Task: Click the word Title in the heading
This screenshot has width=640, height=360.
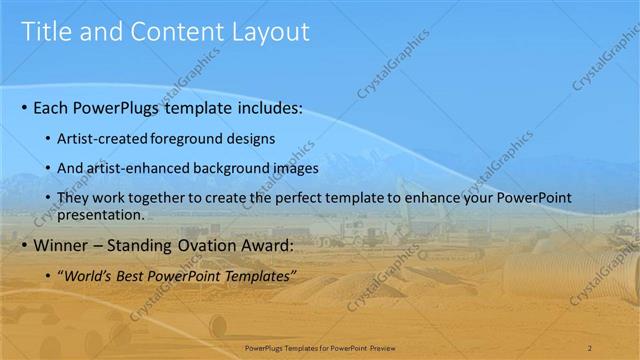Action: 46,32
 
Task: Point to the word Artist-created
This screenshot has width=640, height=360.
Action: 103,137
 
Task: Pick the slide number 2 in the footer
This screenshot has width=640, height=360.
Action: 590,347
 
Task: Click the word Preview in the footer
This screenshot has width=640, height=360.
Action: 380,347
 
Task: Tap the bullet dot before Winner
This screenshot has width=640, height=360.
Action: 24,244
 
